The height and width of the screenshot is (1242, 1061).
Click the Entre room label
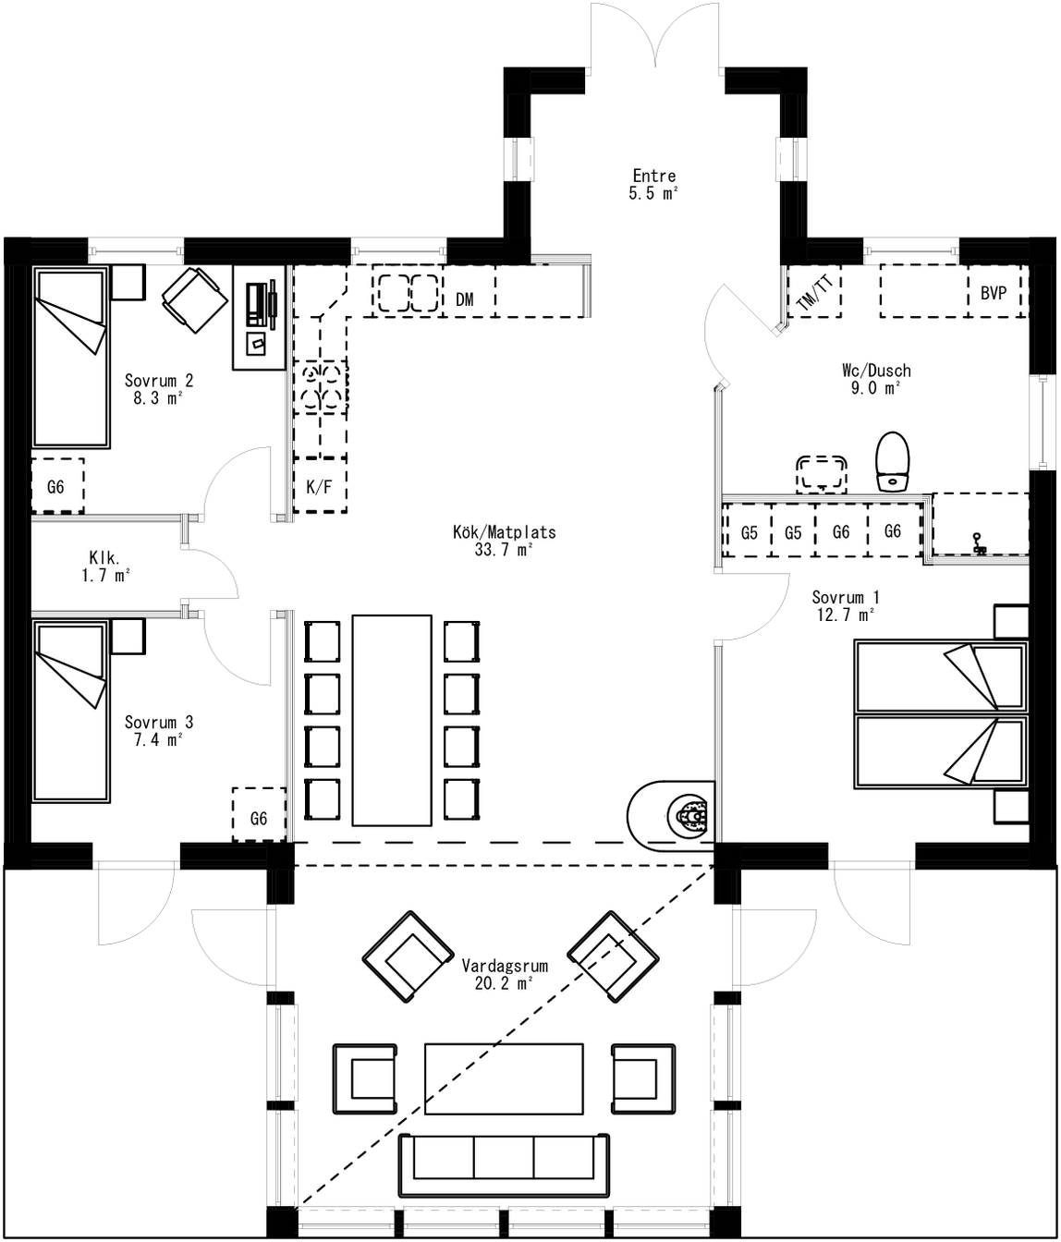pyautogui.click(x=653, y=176)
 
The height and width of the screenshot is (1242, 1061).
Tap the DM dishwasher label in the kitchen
pyautogui.click(x=465, y=299)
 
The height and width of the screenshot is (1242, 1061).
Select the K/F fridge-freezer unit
pyautogui.click(x=319, y=486)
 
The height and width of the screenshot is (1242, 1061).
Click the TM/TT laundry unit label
pyautogui.click(x=814, y=294)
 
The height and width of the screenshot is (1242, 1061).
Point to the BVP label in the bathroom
pyautogui.click(x=994, y=292)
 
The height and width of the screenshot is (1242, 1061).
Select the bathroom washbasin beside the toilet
pyautogui.click(x=822, y=471)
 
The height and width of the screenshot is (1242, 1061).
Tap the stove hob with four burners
pyautogui.click(x=321, y=386)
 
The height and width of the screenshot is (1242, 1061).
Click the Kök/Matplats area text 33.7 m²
pyautogui.click(x=504, y=550)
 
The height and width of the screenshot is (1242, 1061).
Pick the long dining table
pyautogui.click(x=391, y=720)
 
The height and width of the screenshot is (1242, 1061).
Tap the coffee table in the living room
pyautogui.click(x=504, y=1078)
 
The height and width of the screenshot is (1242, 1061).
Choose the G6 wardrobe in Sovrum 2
pyautogui.click(x=56, y=486)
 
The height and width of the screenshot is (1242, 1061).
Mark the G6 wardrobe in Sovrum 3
pyautogui.click(x=259, y=816)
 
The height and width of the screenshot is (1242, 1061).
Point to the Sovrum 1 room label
pyautogui.click(x=844, y=597)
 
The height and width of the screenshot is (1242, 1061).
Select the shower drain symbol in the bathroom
pyautogui.click(x=980, y=545)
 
